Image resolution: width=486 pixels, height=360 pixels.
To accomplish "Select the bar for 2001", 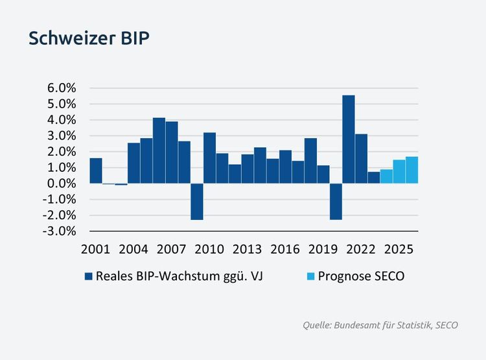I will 96,171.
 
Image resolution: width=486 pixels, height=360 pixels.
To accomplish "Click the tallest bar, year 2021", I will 349,139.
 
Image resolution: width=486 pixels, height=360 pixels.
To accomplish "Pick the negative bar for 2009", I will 197,202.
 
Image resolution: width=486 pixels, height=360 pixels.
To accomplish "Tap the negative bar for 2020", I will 336,202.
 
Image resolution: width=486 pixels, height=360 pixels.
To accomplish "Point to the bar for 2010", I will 209,158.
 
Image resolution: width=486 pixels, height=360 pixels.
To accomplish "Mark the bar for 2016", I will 285,167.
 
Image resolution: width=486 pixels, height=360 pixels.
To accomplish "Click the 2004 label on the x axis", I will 133,250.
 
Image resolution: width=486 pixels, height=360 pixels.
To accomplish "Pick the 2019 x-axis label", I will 323,250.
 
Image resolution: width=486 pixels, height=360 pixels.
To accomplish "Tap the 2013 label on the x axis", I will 248,250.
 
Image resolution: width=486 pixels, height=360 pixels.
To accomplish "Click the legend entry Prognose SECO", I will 361,276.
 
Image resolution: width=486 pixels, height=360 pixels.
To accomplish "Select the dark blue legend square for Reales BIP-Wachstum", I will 89,276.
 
